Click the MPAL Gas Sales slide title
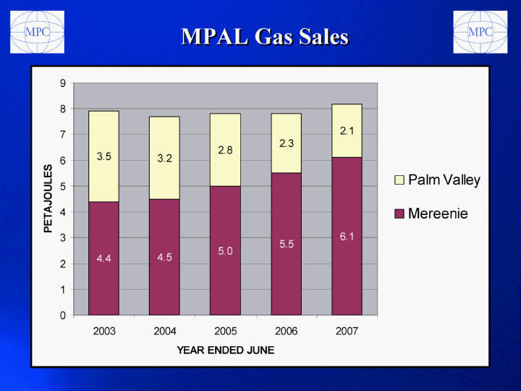tap(265, 36)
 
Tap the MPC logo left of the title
tap(37, 32)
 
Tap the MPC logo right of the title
tap(480, 32)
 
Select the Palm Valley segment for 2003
tap(103, 156)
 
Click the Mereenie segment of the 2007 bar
tap(347, 236)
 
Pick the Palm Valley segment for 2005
tap(225, 150)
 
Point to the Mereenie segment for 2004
tap(164, 257)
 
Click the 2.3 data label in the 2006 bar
tap(287, 143)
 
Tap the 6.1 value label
tap(347, 237)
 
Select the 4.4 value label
tap(103, 258)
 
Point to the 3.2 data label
tap(164, 159)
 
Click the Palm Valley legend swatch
tap(399, 180)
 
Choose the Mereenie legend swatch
tap(399, 214)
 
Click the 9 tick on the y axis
tap(63, 83)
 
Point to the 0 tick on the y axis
tap(63, 315)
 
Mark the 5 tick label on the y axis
tap(63, 186)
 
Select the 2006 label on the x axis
tap(286, 331)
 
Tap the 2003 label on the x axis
tap(104, 331)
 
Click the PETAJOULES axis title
tap(48, 198)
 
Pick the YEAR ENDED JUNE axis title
tap(225, 350)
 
